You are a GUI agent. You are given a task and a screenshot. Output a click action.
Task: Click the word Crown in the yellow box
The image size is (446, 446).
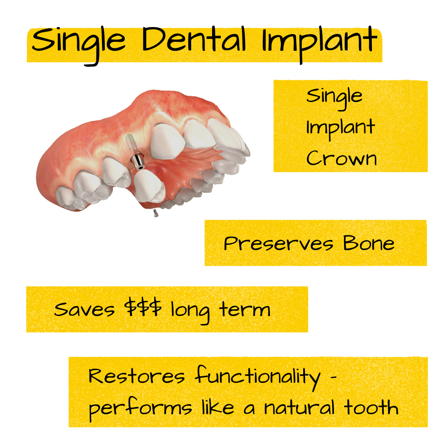click(x=341, y=158)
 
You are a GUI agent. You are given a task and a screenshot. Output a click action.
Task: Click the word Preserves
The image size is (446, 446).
click(x=279, y=244)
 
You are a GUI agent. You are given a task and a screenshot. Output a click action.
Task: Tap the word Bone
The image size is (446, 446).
click(x=369, y=243)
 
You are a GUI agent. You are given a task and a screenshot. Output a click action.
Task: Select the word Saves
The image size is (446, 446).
click(x=84, y=309)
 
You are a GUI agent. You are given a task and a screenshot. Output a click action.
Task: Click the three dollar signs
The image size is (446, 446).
click(x=144, y=309)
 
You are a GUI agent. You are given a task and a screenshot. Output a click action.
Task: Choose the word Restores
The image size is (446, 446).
click(x=137, y=377)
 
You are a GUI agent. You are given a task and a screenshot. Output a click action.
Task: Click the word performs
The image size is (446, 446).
click(x=140, y=408)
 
